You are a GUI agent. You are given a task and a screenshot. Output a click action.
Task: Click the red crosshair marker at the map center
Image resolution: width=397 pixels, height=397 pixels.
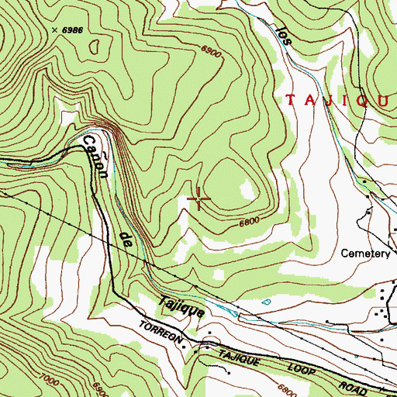click(x=199, y=200)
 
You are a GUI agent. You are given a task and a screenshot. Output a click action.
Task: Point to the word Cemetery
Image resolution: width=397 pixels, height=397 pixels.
click(x=367, y=254)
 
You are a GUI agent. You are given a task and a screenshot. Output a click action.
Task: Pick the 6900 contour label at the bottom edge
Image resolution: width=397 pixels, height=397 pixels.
click(x=100, y=386)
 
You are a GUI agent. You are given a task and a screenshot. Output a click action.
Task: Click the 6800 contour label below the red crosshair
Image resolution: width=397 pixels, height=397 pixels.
click(x=248, y=222)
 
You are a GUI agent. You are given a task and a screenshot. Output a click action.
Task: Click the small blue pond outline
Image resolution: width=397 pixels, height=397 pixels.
click(x=267, y=302)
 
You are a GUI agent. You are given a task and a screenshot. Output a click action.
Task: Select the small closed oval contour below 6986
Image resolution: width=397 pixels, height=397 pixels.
click(x=94, y=47)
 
